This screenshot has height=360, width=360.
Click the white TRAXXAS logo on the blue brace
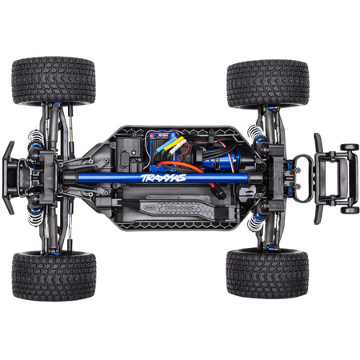coord(163,178)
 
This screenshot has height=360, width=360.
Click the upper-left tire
coord(54,80)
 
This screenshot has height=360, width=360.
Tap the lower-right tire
coord(267,273)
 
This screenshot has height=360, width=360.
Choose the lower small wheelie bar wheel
coord(350,209)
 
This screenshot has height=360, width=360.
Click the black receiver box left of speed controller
coord(128,152)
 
